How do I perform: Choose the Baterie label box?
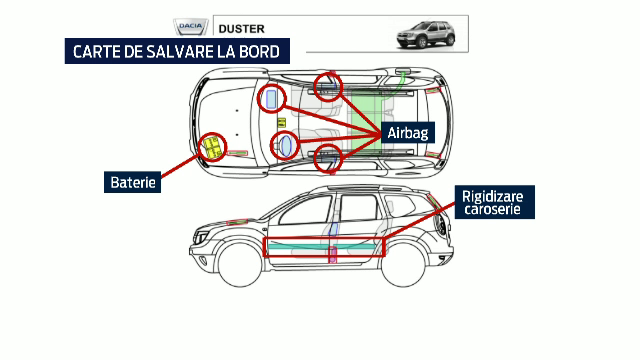[x=135, y=183]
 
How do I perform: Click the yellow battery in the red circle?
[x=212, y=147]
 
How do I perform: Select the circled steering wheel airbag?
[x=286, y=146]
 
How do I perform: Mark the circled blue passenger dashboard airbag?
[x=270, y=98]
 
